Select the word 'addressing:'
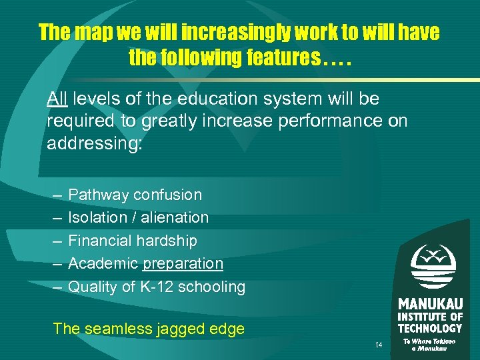(x=95, y=144)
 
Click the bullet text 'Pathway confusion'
(x=135, y=195)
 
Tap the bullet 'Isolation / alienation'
(x=138, y=217)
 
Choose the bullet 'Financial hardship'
(x=133, y=241)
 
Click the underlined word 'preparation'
(x=183, y=264)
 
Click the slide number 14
(x=379, y=345)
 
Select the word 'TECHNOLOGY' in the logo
(x=430, y=328)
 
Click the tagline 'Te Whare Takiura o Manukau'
(x=430, y=345)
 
